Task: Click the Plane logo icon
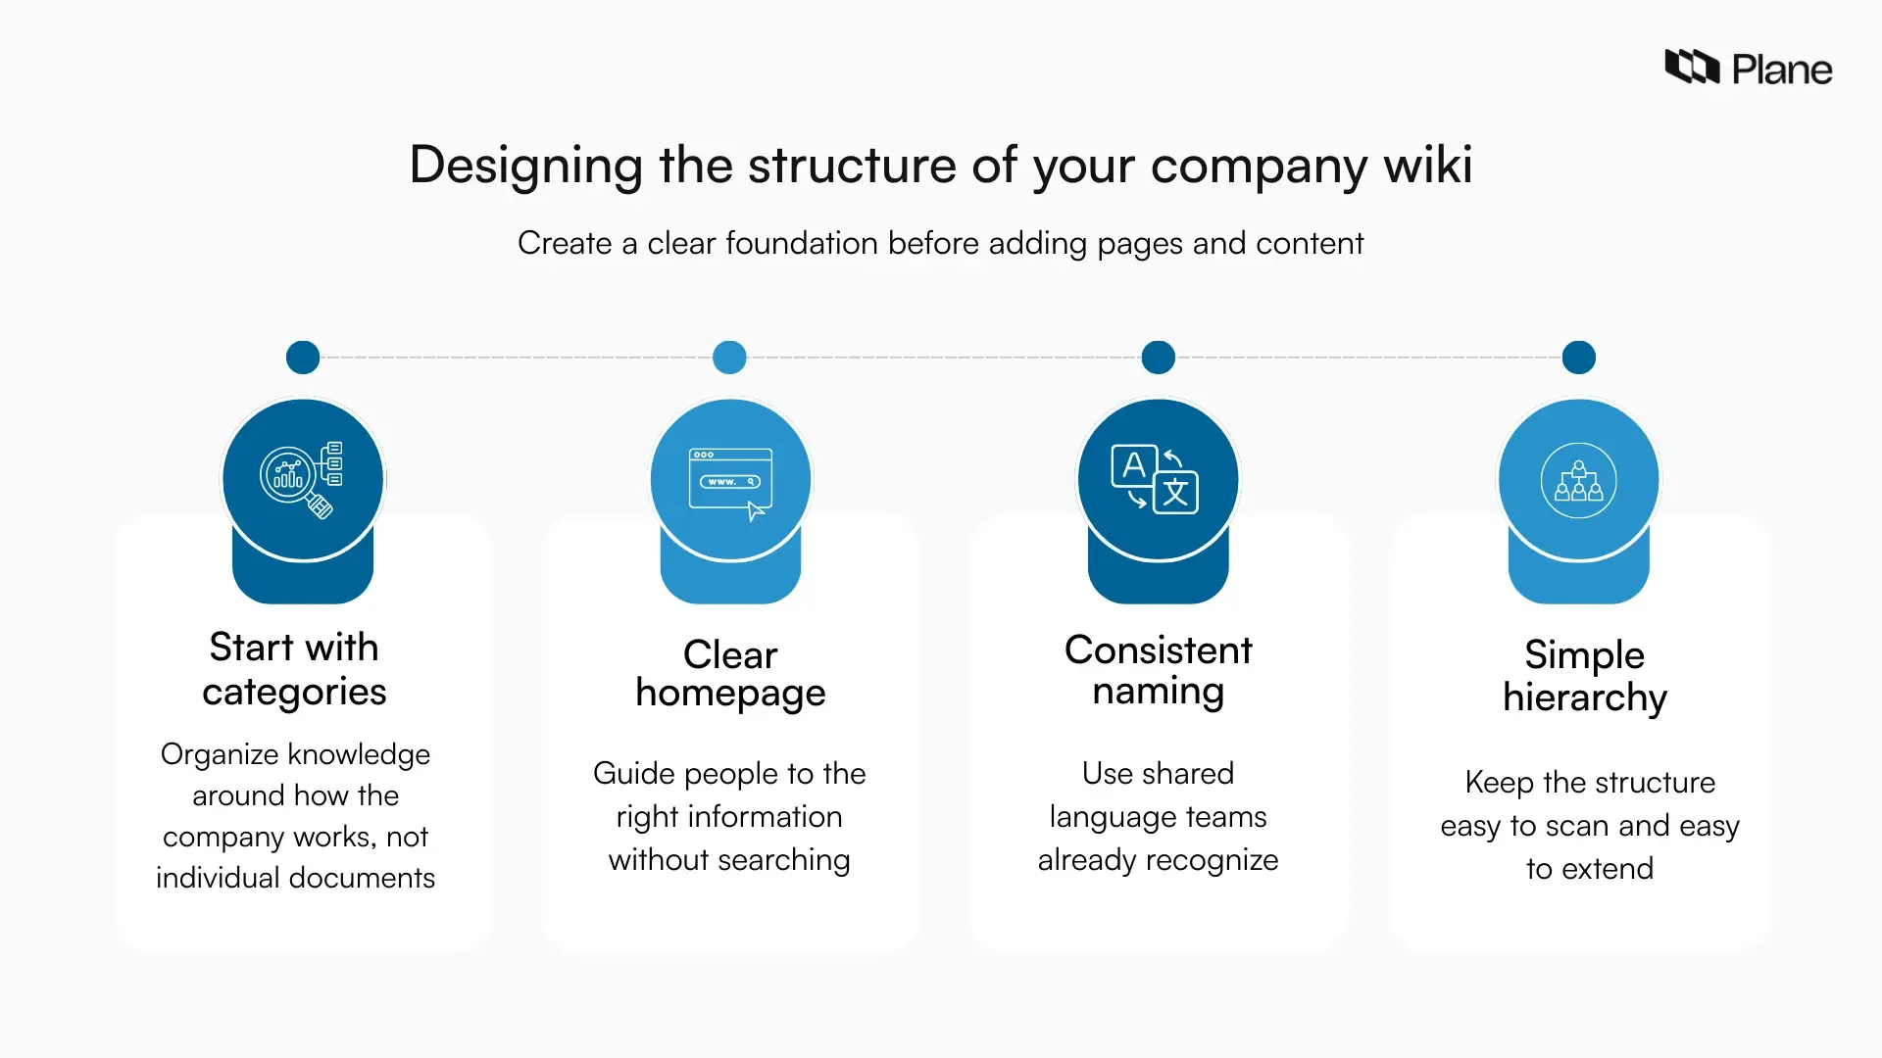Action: pos(1692,67)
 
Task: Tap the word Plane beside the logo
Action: pos(1781,70)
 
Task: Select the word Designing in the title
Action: pos(525,165)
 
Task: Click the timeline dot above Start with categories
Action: pos(303,358)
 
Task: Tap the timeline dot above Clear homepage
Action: pos(729,358)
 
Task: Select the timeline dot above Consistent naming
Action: pos(1158,358)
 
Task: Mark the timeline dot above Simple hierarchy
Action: pos(1578,358)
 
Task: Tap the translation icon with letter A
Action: pos(1156,479)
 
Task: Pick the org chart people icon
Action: pos(1578,480)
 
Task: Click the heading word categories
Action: pos(294,693)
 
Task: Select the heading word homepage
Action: pos(730,694)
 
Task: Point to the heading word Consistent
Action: pos(1158,649)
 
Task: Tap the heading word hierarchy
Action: pos(1584,698)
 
